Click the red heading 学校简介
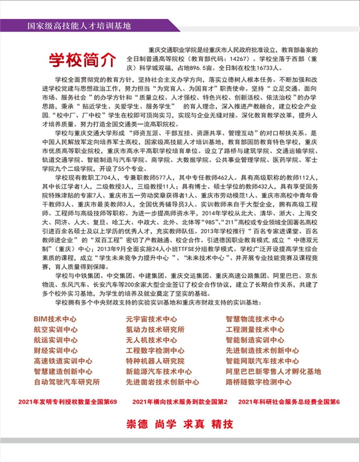point(82,60)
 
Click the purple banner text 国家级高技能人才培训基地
point(79,26)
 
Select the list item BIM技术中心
point(55,319)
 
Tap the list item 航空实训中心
point(55,330)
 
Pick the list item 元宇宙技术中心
point(151,319)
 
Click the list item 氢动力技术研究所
point(155,330)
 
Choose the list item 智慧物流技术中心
point(255,319)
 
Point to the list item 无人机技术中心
point(151,340)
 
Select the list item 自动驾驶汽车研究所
point(67,382)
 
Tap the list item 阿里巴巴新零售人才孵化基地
point(273,371)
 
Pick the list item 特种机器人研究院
point(155,361)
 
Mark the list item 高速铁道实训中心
point(63,361)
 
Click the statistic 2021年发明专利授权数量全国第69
point(67,401)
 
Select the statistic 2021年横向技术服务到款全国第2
point(180,401)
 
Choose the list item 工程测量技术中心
point(255,330)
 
